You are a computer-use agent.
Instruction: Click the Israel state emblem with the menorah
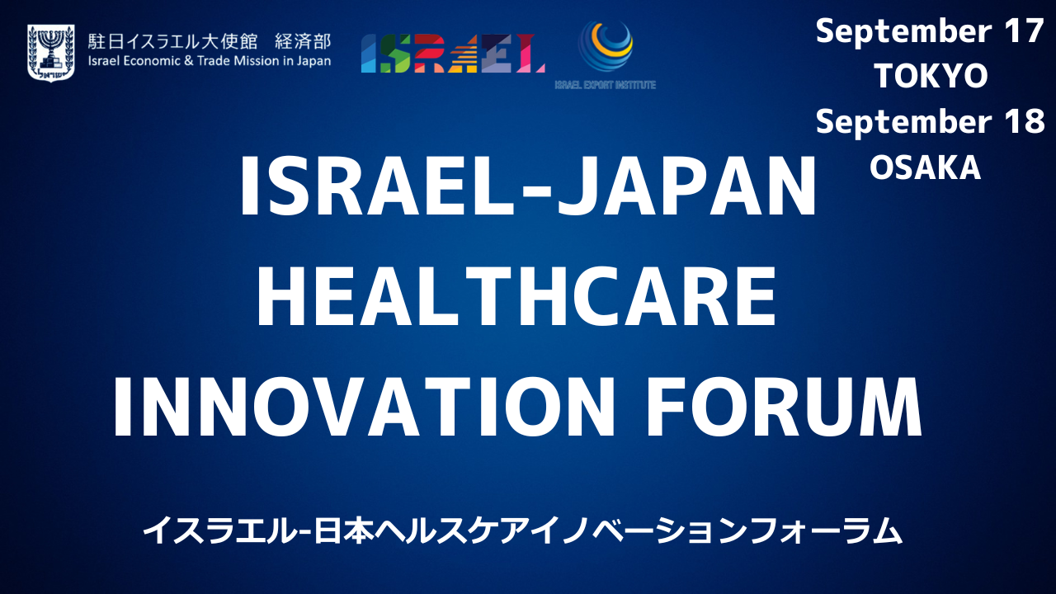point(51,53)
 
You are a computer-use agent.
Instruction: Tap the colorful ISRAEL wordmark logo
point(453,54)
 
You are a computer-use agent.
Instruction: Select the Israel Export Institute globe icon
point(606,45)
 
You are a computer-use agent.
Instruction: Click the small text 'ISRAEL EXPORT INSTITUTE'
point(606,85)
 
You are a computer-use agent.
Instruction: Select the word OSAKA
point(926,167)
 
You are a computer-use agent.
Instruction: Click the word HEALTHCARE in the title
point(516,296)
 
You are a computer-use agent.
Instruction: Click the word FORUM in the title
point(784,407)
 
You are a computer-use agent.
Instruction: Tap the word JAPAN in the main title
point(686,186)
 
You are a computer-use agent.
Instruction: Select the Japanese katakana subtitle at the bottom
point(522,530)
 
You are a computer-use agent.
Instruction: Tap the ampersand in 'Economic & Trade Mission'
point(189,61)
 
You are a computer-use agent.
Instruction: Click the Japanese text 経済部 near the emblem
point(303,41)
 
